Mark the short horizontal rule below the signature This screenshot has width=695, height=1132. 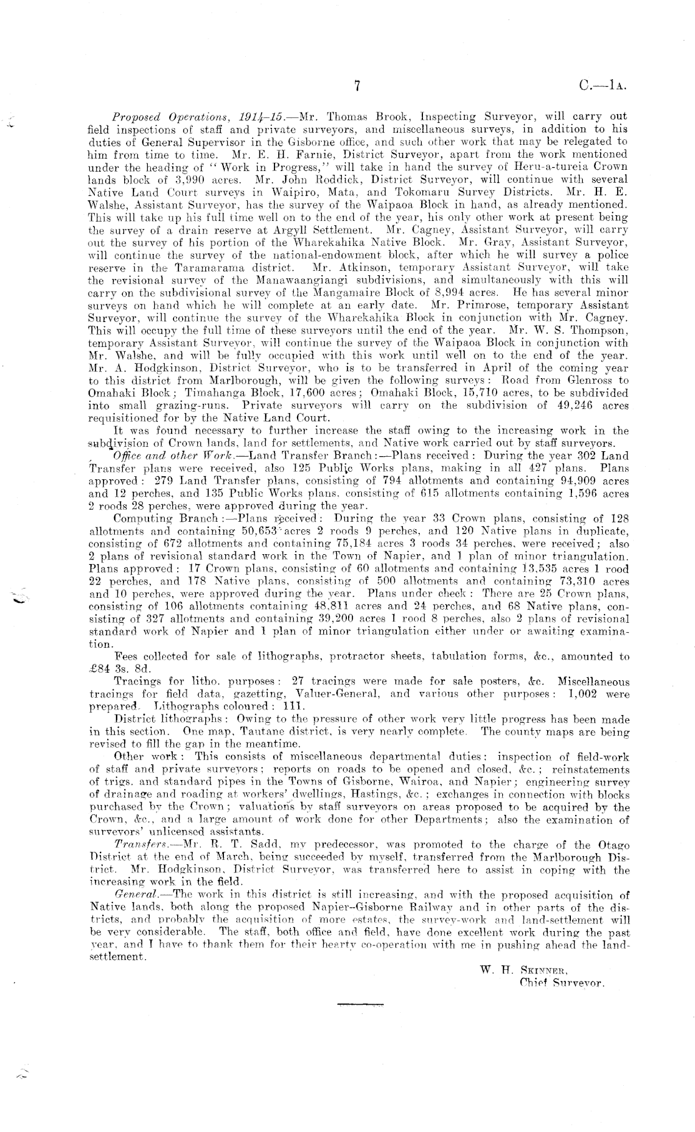pyautogui.click(x=360, y=1005)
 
